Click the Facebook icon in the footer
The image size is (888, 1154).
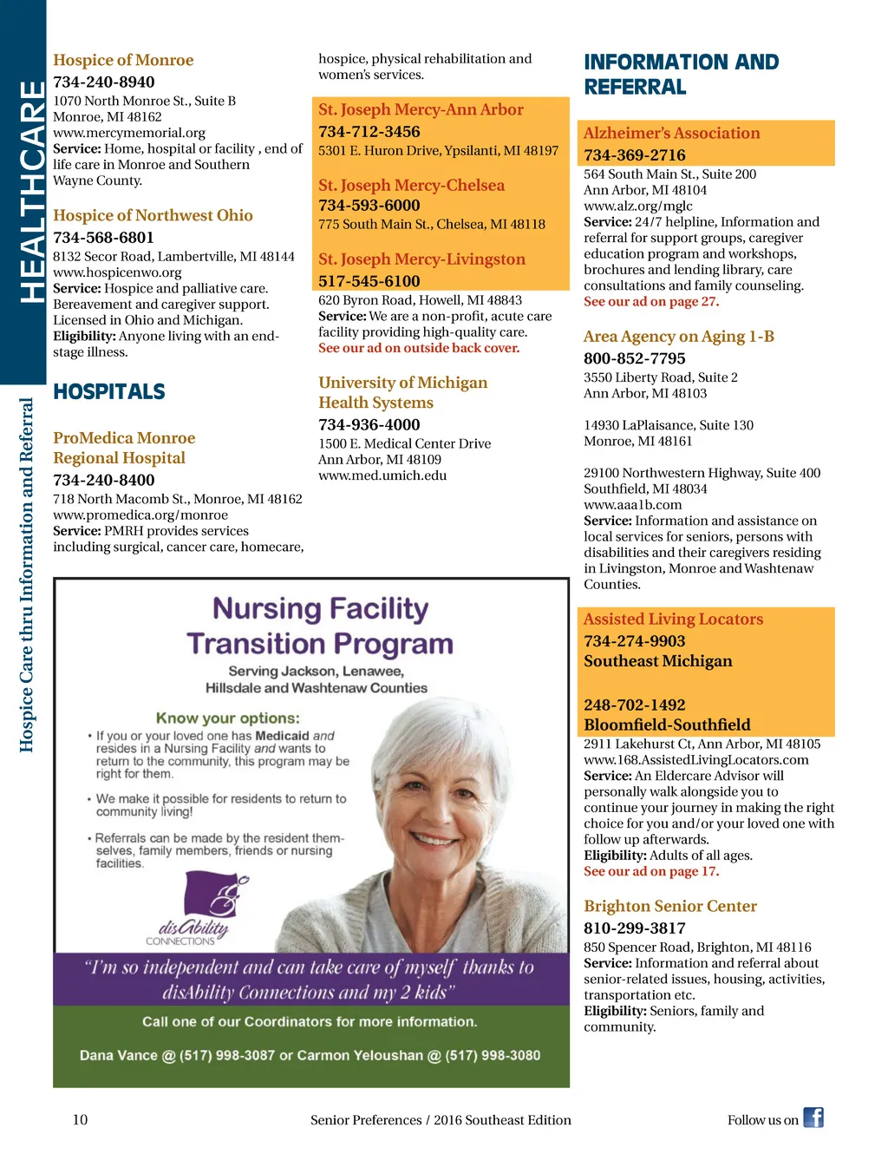(x=813, y=1118)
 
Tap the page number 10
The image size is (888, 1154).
(x=80, y=1119)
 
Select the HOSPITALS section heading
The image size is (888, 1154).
(x=109, y=392)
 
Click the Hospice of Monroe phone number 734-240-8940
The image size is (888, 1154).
(x=104, y=82)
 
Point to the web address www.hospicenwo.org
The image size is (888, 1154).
(x=117, y=272)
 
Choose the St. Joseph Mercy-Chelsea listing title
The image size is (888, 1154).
(x=411, y=185)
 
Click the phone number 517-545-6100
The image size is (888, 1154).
(x=369, y=281)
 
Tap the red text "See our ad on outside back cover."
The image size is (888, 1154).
(x=419, y=348)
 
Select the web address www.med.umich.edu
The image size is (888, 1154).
(x=382, y=475)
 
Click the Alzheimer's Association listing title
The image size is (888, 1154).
(x=671, y=133)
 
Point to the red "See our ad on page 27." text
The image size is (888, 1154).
(x=651, y=302)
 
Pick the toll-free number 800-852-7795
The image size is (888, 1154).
(x=634, y=358)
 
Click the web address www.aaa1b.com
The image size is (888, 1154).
(x=632, y=505)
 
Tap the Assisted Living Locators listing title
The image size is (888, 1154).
(x=673, y=619)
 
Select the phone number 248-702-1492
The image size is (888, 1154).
(x=634, y=705)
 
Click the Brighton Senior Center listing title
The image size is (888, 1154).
(x=670, y=906)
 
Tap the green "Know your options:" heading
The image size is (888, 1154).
(x=227, y=718)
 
